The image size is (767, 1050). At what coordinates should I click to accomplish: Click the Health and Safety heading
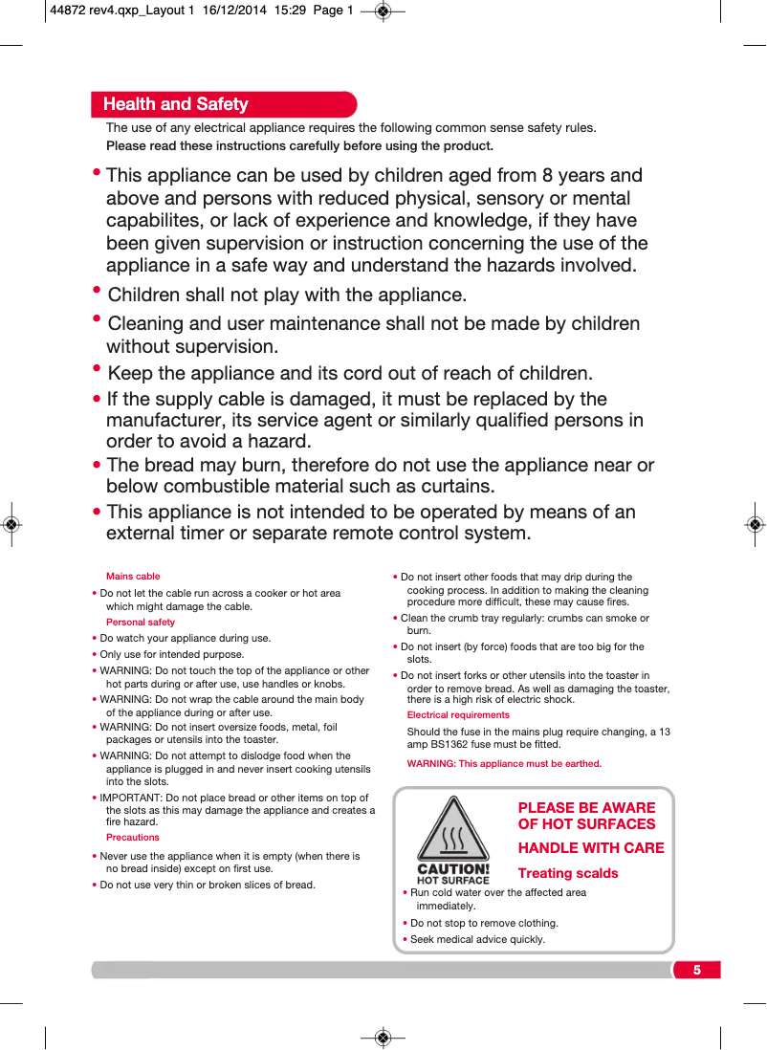tap(175, 104)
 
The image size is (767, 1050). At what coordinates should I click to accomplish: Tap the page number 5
tap(697, 971)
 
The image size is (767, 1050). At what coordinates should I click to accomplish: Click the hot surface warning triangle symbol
tap(452, 832)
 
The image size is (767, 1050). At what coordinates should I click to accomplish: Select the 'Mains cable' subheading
tap(133, 577)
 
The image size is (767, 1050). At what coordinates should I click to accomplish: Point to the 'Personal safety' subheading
tap(141, 623)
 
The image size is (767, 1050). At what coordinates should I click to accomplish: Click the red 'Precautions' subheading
tap(133, 838)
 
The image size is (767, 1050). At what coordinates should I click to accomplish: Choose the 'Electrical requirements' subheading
tap(458, 715)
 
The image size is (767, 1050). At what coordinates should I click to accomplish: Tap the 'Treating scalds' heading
tap(568, 873)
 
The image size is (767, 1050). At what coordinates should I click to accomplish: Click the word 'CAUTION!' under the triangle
tap(453, 870)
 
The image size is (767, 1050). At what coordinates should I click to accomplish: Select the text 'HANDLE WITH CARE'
tap(591, 848)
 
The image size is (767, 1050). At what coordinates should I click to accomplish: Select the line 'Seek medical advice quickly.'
tap(477, 939)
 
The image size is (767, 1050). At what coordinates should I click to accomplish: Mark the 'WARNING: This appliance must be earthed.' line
tap(504, 764)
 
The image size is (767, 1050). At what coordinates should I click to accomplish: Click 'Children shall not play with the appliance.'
tap(287, 295)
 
